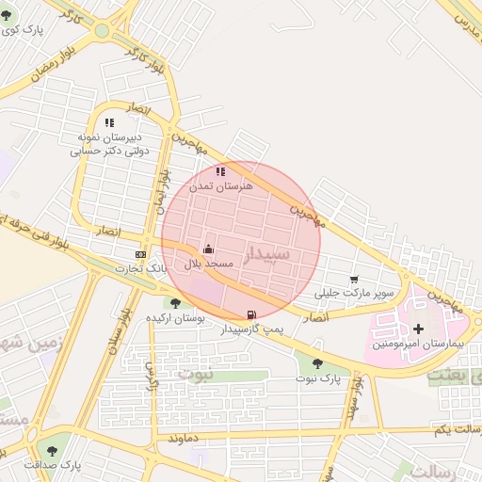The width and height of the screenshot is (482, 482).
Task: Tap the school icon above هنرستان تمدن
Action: (220, 172)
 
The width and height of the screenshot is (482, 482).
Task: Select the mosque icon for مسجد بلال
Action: (208, 249)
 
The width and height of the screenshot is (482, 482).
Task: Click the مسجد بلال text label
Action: (208, 265)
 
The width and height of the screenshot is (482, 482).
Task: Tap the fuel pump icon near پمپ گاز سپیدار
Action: (250, 315)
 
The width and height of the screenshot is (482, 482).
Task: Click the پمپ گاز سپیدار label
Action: (249, 330)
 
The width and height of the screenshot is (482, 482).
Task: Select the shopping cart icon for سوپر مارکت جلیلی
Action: (354, 280)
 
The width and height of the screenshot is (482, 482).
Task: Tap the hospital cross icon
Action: (418, 329)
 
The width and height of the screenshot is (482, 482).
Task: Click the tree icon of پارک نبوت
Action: (316, 363)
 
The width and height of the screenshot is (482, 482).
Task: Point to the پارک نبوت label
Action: (316, 378)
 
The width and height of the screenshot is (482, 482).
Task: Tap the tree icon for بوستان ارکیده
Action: (175, 303)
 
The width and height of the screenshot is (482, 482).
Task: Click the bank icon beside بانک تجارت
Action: (141, 254)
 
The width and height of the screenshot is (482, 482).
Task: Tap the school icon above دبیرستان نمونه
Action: (110, 122)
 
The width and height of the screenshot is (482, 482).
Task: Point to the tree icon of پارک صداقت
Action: (52, 451)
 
